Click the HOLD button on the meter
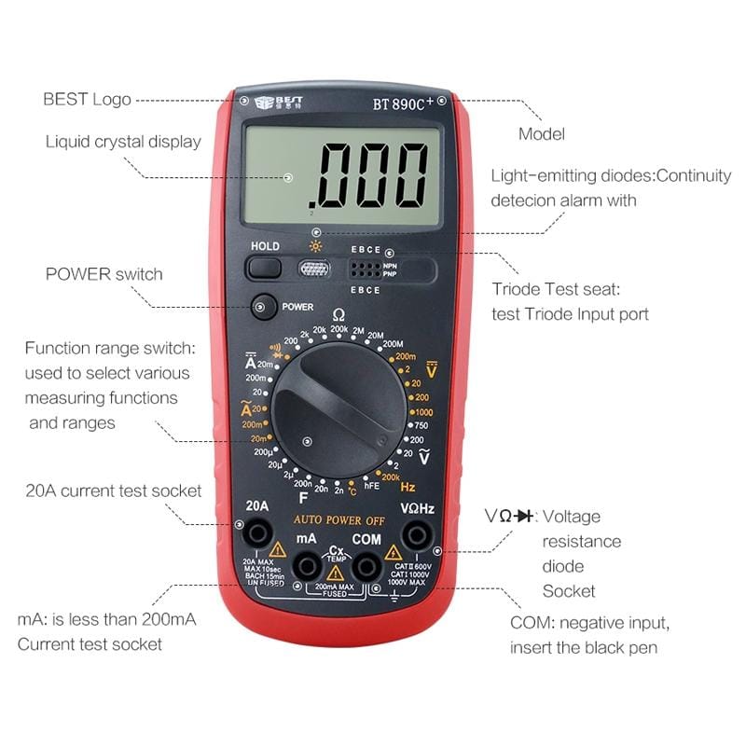coord(265,268)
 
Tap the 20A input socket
coord(256,533)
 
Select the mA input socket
coord(306,566)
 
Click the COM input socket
coord(366,566)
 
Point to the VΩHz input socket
coord(416,533)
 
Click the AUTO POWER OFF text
coord(339,519)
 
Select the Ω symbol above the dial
coord(338,315)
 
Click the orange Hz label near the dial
coord(408,487)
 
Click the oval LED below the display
coord(315,269)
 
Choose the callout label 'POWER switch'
coord(104,274)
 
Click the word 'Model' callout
coord(541,134)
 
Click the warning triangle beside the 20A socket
coord(277,549)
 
